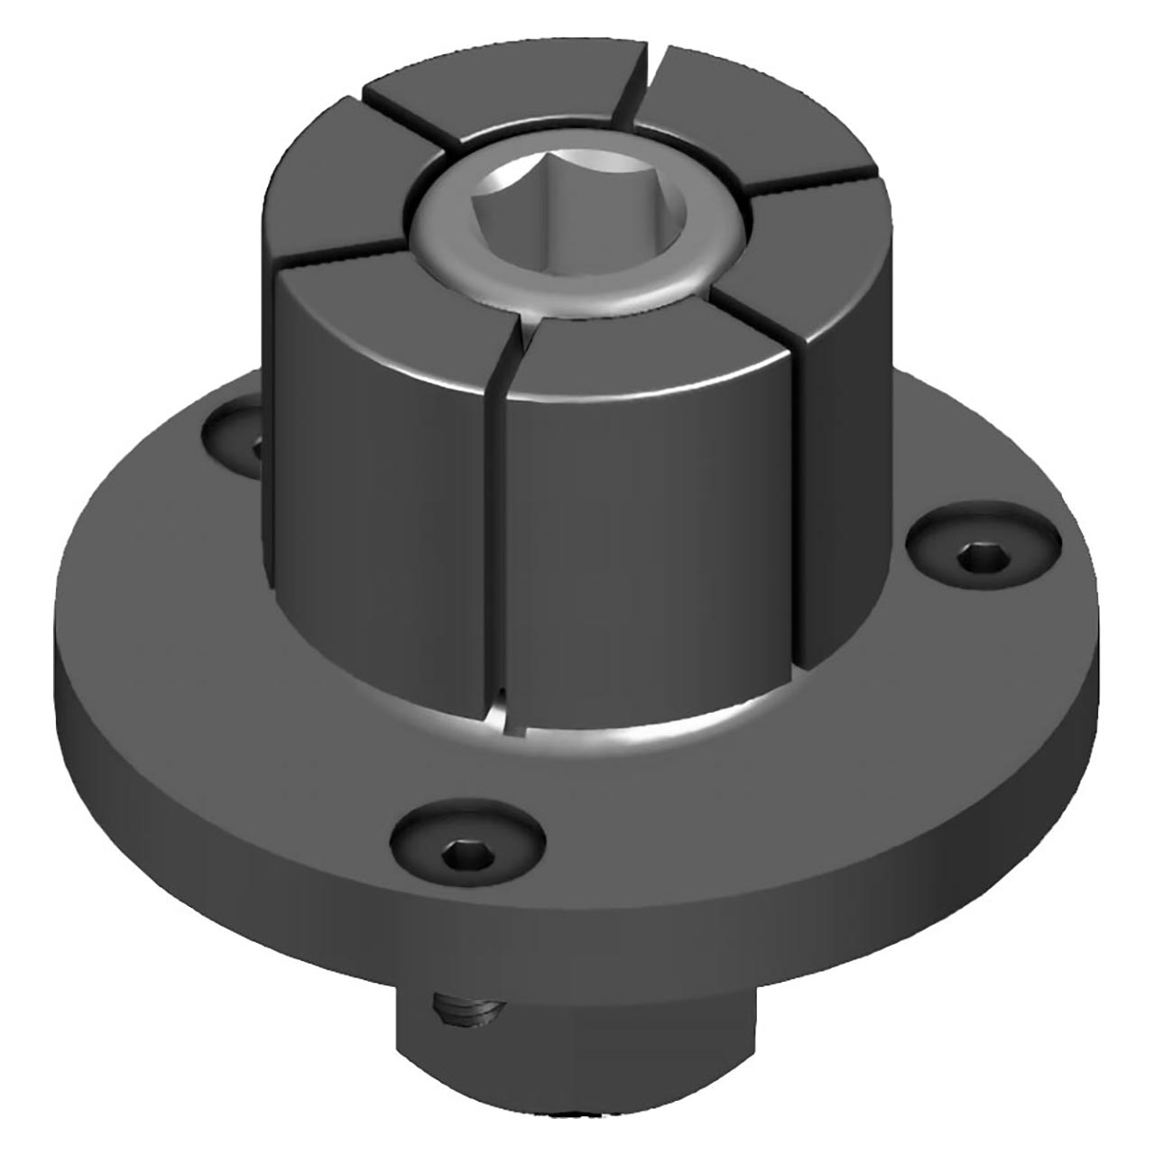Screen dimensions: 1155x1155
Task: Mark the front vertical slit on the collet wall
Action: pyautogui.click(x=493, y=541)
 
